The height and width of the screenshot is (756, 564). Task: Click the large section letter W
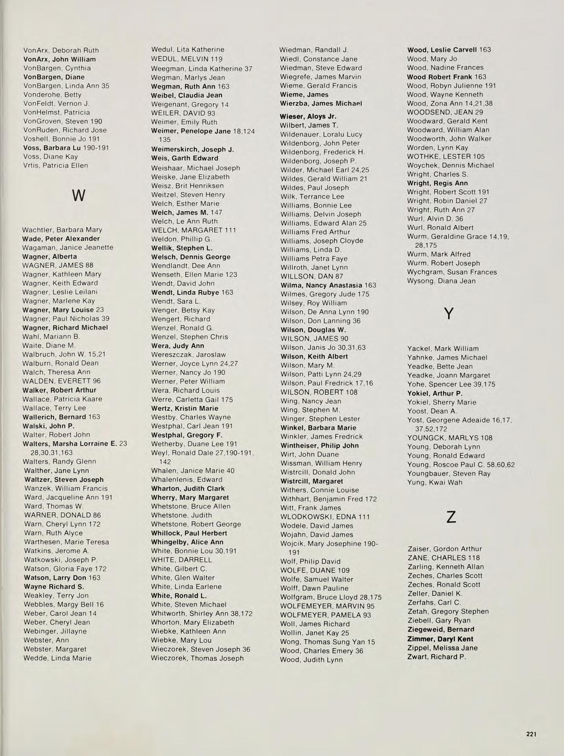click(79, 196)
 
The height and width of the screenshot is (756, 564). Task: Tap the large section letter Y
click(449, 314)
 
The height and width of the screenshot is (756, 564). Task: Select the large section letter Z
click(451, 518)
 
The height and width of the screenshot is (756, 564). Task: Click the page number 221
click(531, 734)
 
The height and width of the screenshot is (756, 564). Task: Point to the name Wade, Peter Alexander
click(61, 239)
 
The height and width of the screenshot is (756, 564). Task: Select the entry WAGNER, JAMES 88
click(58, 265)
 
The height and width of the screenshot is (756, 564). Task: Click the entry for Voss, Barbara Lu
click(66, 148)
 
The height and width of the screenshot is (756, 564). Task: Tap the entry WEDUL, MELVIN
click(186, 59)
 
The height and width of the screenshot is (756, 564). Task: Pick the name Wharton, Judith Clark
click(188, 488)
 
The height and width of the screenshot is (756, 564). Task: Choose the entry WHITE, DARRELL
click(181, 560)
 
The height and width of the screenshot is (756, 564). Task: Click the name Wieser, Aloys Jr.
click(308, 116)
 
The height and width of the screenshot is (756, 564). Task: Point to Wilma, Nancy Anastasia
click(328, 285)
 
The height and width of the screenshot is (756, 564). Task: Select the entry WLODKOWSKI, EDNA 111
click(325, 517)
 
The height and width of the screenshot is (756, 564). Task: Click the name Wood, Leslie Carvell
click(449, 50)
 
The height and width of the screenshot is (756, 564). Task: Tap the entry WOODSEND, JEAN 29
click(445, 112)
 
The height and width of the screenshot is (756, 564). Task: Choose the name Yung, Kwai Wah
click(435, 482)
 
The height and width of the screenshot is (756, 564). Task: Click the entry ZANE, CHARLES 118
click(443, 558)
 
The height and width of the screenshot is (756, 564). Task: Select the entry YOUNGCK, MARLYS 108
click(450, 438)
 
